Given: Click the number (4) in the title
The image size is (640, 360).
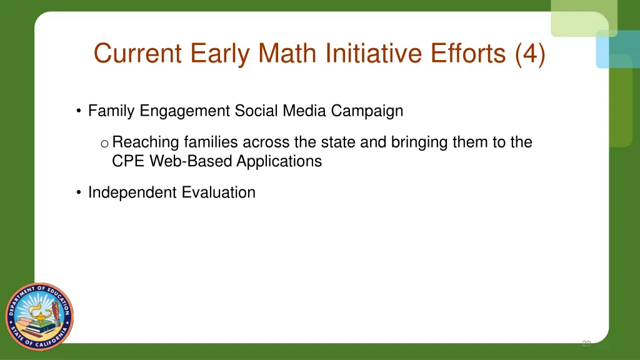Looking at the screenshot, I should click(x=530, y=53).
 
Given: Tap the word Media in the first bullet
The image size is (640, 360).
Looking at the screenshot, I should click(x=305, y=111).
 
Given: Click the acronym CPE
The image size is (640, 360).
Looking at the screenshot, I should click(x=127, y=161).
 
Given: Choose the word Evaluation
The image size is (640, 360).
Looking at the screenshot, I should click(x=219, y=192).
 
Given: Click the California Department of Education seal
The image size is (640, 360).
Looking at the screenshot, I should click(x=40, y=316).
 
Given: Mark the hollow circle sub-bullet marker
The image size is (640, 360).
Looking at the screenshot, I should click(x=104, y=144).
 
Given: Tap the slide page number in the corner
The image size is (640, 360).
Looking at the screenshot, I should click(x=586, y=343).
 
